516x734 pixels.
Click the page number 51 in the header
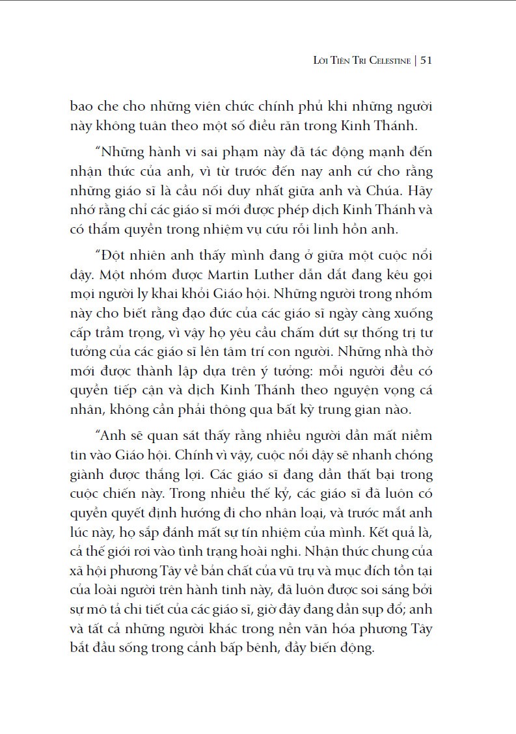point(427,61)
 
